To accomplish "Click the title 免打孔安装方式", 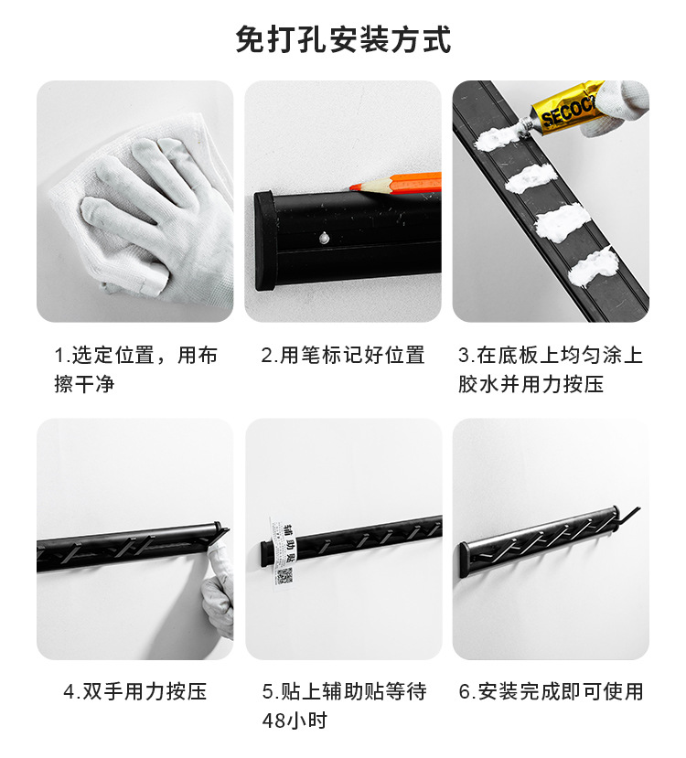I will [x=343, y=41].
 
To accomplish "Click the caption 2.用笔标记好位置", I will [x=343, y=355].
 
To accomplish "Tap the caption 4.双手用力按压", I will [x=134, y=691].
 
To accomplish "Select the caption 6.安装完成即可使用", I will [x=551, y=691].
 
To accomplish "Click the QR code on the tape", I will [x=284, y=576].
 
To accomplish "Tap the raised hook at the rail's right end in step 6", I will [x=630, y=516].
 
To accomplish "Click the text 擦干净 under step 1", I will [x=84, y=384].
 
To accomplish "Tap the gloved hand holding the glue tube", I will [x=621, y=107].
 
